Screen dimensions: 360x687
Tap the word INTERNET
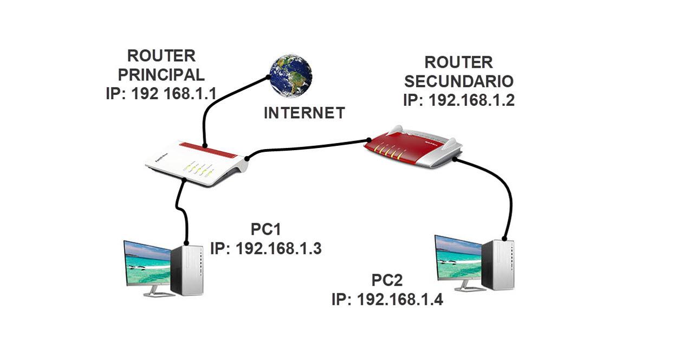pos(304,113)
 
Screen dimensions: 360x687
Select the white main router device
pos(196,163)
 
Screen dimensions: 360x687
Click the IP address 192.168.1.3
pos(265,248)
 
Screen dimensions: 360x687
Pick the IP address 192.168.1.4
pos(387,299)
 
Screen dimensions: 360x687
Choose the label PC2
pos(387,281)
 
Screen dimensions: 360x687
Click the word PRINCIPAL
pos(161,74)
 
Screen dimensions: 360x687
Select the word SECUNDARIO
pos(459,81)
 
